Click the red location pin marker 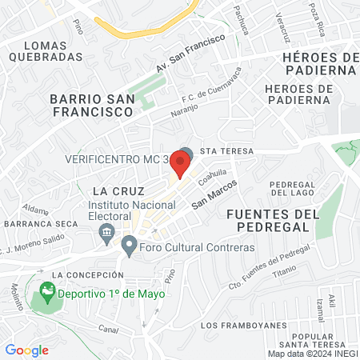(x=180, y=164)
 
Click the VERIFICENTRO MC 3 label (x=117, y=158)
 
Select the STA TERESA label (x=227, y=151)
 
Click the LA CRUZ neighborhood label (x=118, y=191)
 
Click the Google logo (x=27, y=350)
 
